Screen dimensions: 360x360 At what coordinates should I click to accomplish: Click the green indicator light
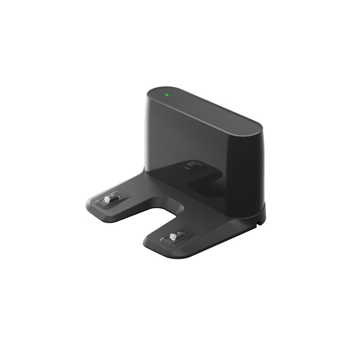(166, 94)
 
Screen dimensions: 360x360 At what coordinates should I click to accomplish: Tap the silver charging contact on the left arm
(108, 199)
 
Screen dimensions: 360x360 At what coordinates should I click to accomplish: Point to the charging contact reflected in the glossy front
(193, 165)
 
